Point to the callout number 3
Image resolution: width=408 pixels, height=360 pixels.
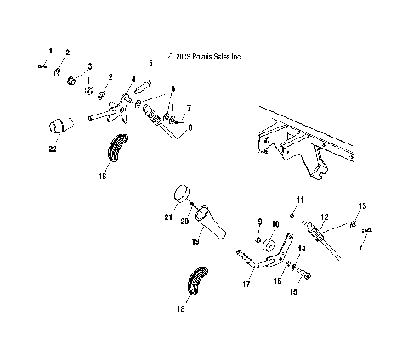click(91, 65)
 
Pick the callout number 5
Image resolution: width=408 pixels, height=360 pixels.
click(150, 64)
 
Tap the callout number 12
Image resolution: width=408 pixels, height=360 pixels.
click(323, 217)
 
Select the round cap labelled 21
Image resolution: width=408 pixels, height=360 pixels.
click(182, 195)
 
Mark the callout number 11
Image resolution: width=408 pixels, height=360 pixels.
click(298, 199)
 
